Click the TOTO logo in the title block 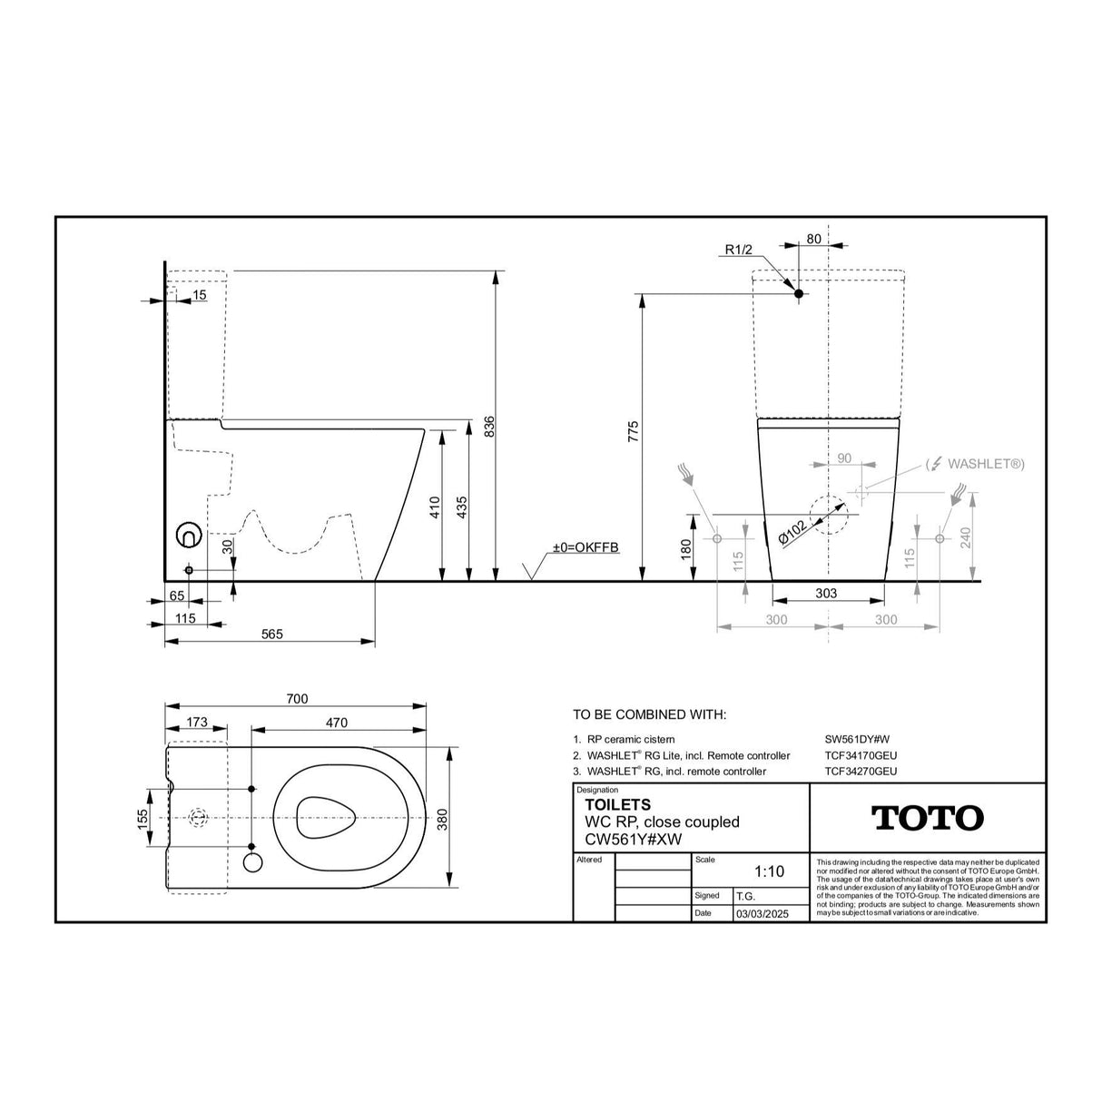(x=927, y=818)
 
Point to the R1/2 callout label (x=738, y=251)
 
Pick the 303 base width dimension (x=826, y=594)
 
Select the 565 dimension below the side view (x=271, y=634)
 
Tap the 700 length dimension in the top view (x=297, y=698)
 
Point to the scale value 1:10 (x=768, y=871)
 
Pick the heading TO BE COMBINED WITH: (x=649, y=715)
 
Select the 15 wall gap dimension (x=199, y=295)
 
